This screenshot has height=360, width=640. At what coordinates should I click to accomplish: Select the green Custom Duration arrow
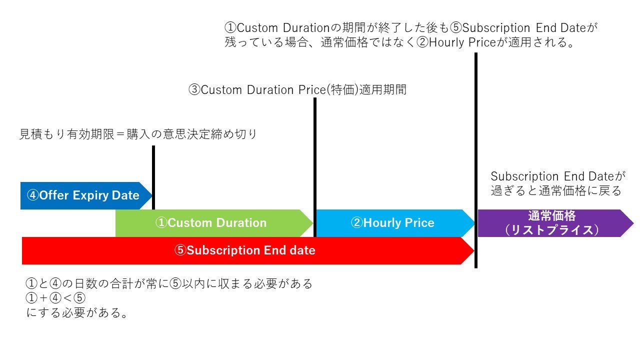[x=214, y=223]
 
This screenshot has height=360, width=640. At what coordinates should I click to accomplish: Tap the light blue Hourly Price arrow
[x=395, y=223]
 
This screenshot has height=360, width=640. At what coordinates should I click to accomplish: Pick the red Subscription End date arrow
[x=248, y=250]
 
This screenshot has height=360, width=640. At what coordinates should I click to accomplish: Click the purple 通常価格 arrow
[x=555, y=223]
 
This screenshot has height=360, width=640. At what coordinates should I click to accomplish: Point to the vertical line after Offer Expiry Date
[x=153, y=177]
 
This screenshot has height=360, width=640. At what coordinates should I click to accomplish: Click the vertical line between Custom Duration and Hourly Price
[x=315, y=167]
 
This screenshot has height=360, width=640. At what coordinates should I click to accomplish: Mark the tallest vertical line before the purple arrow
[x=476, y=160]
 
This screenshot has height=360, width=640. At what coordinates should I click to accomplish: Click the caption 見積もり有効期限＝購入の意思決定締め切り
[x=138, y=134]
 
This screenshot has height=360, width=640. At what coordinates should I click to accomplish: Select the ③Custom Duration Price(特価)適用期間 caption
[x=297, y=89]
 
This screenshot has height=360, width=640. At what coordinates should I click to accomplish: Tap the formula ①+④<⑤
[x=55, y=298]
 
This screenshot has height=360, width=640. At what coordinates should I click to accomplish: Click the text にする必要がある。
[x=76, y=312]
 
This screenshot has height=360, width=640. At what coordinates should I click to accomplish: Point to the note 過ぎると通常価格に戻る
[x=556, y=190]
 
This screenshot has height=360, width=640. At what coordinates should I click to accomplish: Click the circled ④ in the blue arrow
[x=32, y=195]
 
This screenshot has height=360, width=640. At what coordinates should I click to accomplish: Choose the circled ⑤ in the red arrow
[x=180, y=250]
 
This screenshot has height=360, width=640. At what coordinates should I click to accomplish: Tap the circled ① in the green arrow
[x=161, y=223]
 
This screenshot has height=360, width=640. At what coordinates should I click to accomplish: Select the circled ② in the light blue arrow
[x=357, y=223]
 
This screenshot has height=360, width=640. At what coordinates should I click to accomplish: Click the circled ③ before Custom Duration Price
[x=194, y=89]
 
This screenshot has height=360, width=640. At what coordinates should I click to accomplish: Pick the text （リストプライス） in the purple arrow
[x=551, y=230]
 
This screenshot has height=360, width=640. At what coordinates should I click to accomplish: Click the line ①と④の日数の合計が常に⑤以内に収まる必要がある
[x=169, y=283]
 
